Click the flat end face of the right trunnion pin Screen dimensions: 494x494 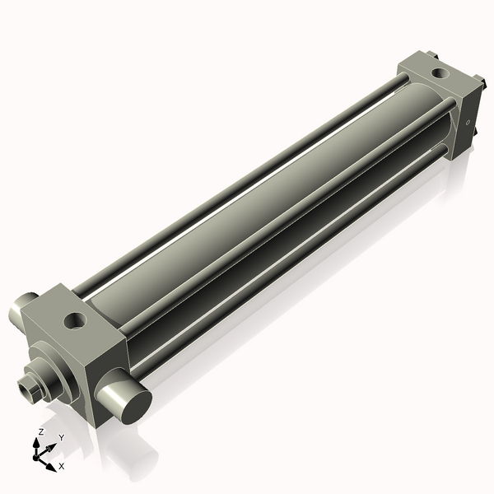pyautogui.click(x=133, y=401)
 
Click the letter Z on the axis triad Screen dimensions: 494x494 pyautogui.click(x=41, y=431)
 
